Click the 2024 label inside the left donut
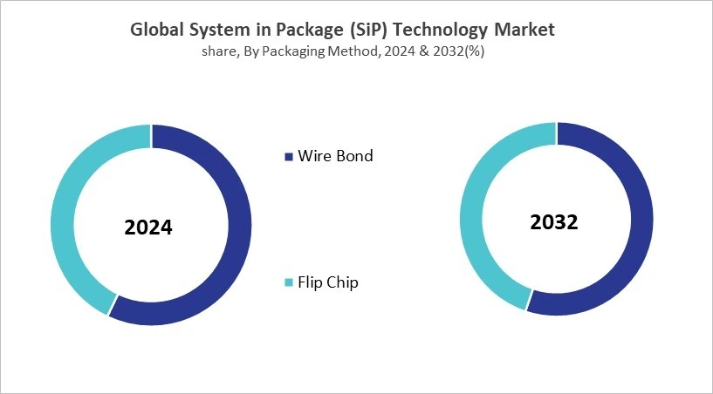point(148,228)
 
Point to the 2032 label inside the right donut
point(554,222)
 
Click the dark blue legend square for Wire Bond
point(289,157)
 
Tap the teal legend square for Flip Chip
point(289,282)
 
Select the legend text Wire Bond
point(335,156)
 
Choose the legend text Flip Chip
point(328,282)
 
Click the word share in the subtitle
point(217,51)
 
